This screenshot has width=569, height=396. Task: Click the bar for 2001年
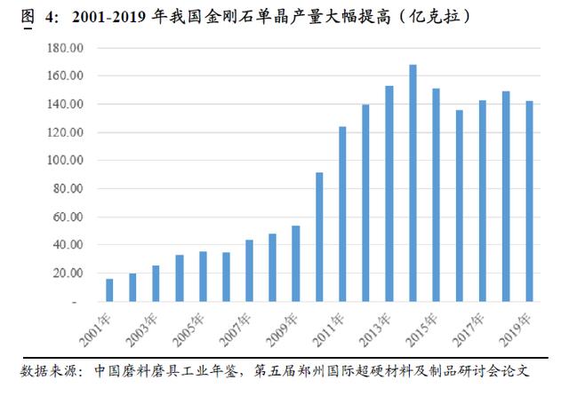[109, 290]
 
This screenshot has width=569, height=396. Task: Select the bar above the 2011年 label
[342, 214]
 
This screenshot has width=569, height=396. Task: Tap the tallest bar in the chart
[413, 183]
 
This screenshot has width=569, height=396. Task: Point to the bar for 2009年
[296, 264]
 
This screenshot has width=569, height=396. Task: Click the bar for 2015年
[436, 194]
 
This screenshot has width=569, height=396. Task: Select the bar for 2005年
[203, 277]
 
